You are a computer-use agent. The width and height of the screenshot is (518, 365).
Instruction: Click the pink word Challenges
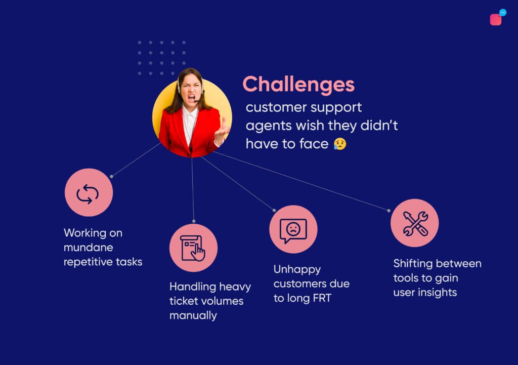[x=298, y=85]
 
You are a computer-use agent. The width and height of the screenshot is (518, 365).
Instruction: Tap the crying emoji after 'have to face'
[x=340, y=144]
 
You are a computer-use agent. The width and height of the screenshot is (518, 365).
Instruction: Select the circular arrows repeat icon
[x=88, y=194]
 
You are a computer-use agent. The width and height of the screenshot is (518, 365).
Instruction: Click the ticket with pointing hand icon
[x=193, y=248]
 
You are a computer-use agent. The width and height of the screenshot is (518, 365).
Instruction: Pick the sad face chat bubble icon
[x=293, y=230]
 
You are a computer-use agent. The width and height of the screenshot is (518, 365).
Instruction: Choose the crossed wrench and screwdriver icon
[x=415, y=224]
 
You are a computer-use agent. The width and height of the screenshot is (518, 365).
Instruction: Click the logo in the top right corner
[x=498, y=17]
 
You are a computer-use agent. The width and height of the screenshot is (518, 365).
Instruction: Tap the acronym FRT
[x=322, y=298]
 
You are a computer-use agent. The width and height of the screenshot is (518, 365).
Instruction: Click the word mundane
[x=88, y=248]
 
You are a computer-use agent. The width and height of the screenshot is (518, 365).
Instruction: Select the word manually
[x=193, y=316]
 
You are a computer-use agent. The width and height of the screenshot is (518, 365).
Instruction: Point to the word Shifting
[x=413, y=264]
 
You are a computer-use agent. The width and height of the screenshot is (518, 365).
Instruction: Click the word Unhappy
[x=297, y=269]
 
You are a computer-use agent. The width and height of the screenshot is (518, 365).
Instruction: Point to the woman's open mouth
[x=191, y=98]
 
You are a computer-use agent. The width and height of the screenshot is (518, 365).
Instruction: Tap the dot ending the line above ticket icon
[x=194, y=221]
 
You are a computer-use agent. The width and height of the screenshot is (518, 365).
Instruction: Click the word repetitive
[x=85, y=262]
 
